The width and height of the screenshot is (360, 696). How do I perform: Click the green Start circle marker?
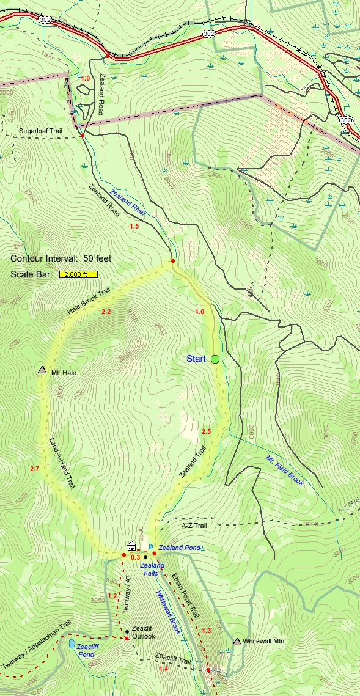tap(215, 359)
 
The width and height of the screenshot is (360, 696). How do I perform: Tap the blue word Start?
tap(196, 359)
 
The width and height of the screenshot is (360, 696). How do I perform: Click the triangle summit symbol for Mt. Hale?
tap(42, 370)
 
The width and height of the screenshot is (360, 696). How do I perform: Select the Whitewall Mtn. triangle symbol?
tap(237, 641)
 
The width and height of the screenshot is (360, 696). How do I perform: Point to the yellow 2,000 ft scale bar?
tap(78, 274)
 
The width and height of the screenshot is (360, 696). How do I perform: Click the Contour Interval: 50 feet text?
tap(61, 258)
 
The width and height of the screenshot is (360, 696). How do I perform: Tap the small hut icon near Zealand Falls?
tap(131, 545)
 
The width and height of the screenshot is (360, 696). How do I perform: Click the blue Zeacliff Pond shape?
tap(72, 644)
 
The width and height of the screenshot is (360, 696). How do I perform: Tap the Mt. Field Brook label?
tap(284, 471)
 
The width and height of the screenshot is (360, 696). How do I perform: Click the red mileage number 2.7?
tap(34, 469)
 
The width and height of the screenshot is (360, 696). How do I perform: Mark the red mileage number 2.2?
tap(106, 312)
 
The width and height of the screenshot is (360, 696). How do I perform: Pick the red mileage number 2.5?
tap(206, 432)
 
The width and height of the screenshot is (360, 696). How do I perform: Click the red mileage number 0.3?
tap(135, 557)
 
